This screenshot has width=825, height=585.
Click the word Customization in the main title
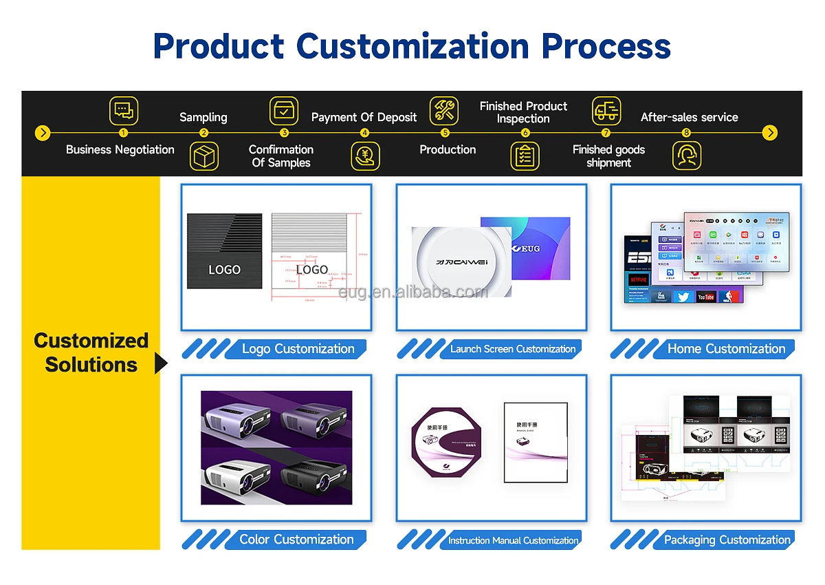[x=413, y=46]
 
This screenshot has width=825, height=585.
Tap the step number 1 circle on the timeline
[x=123, y=133]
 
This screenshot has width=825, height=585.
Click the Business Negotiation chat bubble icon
[x=123, y=110]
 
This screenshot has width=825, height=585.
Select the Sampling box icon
[x=204, y=156]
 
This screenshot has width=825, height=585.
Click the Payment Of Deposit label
[x=364, y=117]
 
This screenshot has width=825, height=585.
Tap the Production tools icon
[x=444, y=110]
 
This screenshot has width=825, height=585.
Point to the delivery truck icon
[x=606, y=110]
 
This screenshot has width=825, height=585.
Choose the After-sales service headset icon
[x=686, y=156]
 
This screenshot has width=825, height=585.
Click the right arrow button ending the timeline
[x=771, y=133]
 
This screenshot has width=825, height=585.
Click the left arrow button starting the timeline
[x=43, y=133]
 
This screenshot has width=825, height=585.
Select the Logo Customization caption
[x=298, y=349]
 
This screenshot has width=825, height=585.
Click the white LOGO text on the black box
[x=224, y=270]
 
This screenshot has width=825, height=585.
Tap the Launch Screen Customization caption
[x=512, y=349]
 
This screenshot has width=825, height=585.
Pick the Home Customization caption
[x=726, y=349]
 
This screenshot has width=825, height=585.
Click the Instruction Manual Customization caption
[x=513, y=540]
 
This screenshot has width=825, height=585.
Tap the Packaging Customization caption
[x=727, y=540]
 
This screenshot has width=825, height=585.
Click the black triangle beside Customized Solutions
[x=161, y=363]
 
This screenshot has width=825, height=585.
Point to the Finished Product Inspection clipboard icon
[x=525, y=156]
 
